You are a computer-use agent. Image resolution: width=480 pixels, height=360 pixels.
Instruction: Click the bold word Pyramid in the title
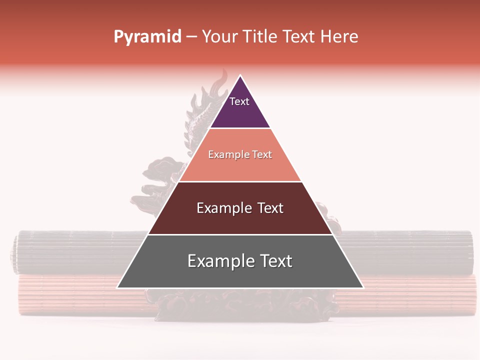pyautogui.click(x=147, y=37)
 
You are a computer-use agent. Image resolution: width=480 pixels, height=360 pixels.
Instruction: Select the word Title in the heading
pyautogui.click(x=263, y=37)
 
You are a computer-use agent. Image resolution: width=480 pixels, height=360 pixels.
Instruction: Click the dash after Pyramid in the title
pyautogui.click(x=191, y=37)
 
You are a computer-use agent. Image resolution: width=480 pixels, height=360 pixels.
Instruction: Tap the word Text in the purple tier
pyautogui.click(x=239, y=101)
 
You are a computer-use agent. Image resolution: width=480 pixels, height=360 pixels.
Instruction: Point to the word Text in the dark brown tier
pyautogui.click(x=270, y=208)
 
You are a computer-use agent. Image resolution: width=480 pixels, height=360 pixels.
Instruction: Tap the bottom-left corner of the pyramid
pyautogui.click(x=118, y=287)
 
